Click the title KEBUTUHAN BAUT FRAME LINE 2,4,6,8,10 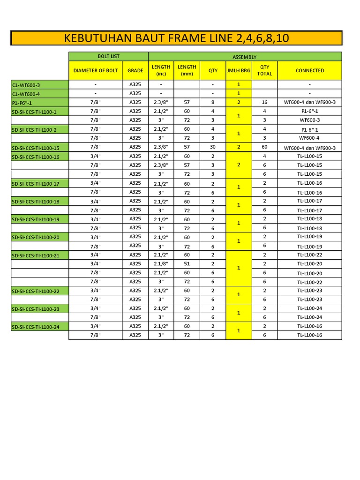pyautogui.click(x=176, y=38)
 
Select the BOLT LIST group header pyautogui.click(x=108, y=56)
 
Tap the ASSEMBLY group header pyautogui.click(x=245, y=57)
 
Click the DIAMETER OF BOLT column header pyautogui.click(x=96, y=70)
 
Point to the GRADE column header pyautogui.click(x=135, y=70)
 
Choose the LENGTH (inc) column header pyautogui.click(x=161, y=70)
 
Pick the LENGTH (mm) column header pyautogui.click(x=187, y=70)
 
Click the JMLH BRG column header pyautogui.click(x=239, y=70)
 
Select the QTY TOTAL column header pyautogui.click(x=264, y=70)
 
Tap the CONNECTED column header pyautogui.click(x=309, y=70)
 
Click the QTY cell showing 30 pyautogui.click(x=213, y=147)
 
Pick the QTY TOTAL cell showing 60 pyautogui.click(x=264, y=147)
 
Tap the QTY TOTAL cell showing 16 pyautogui.click(x=264, y=102)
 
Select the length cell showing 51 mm pyautogui.click(x=187, y=263)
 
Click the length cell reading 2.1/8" pyautogui.click(x=161, y=263)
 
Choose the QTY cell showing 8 pyautogui.click(x=213, y=102)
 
